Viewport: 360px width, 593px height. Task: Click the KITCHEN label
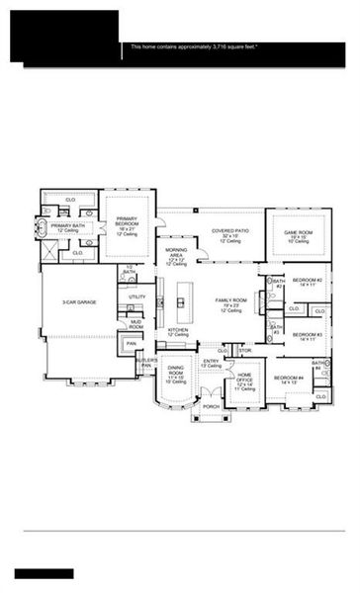point(178,331)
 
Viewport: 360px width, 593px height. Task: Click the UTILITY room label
point(137,296)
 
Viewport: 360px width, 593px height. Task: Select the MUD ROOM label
point(135,324)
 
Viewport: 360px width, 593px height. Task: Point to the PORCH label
point(211,405)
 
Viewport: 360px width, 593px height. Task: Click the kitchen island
point(181,297)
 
